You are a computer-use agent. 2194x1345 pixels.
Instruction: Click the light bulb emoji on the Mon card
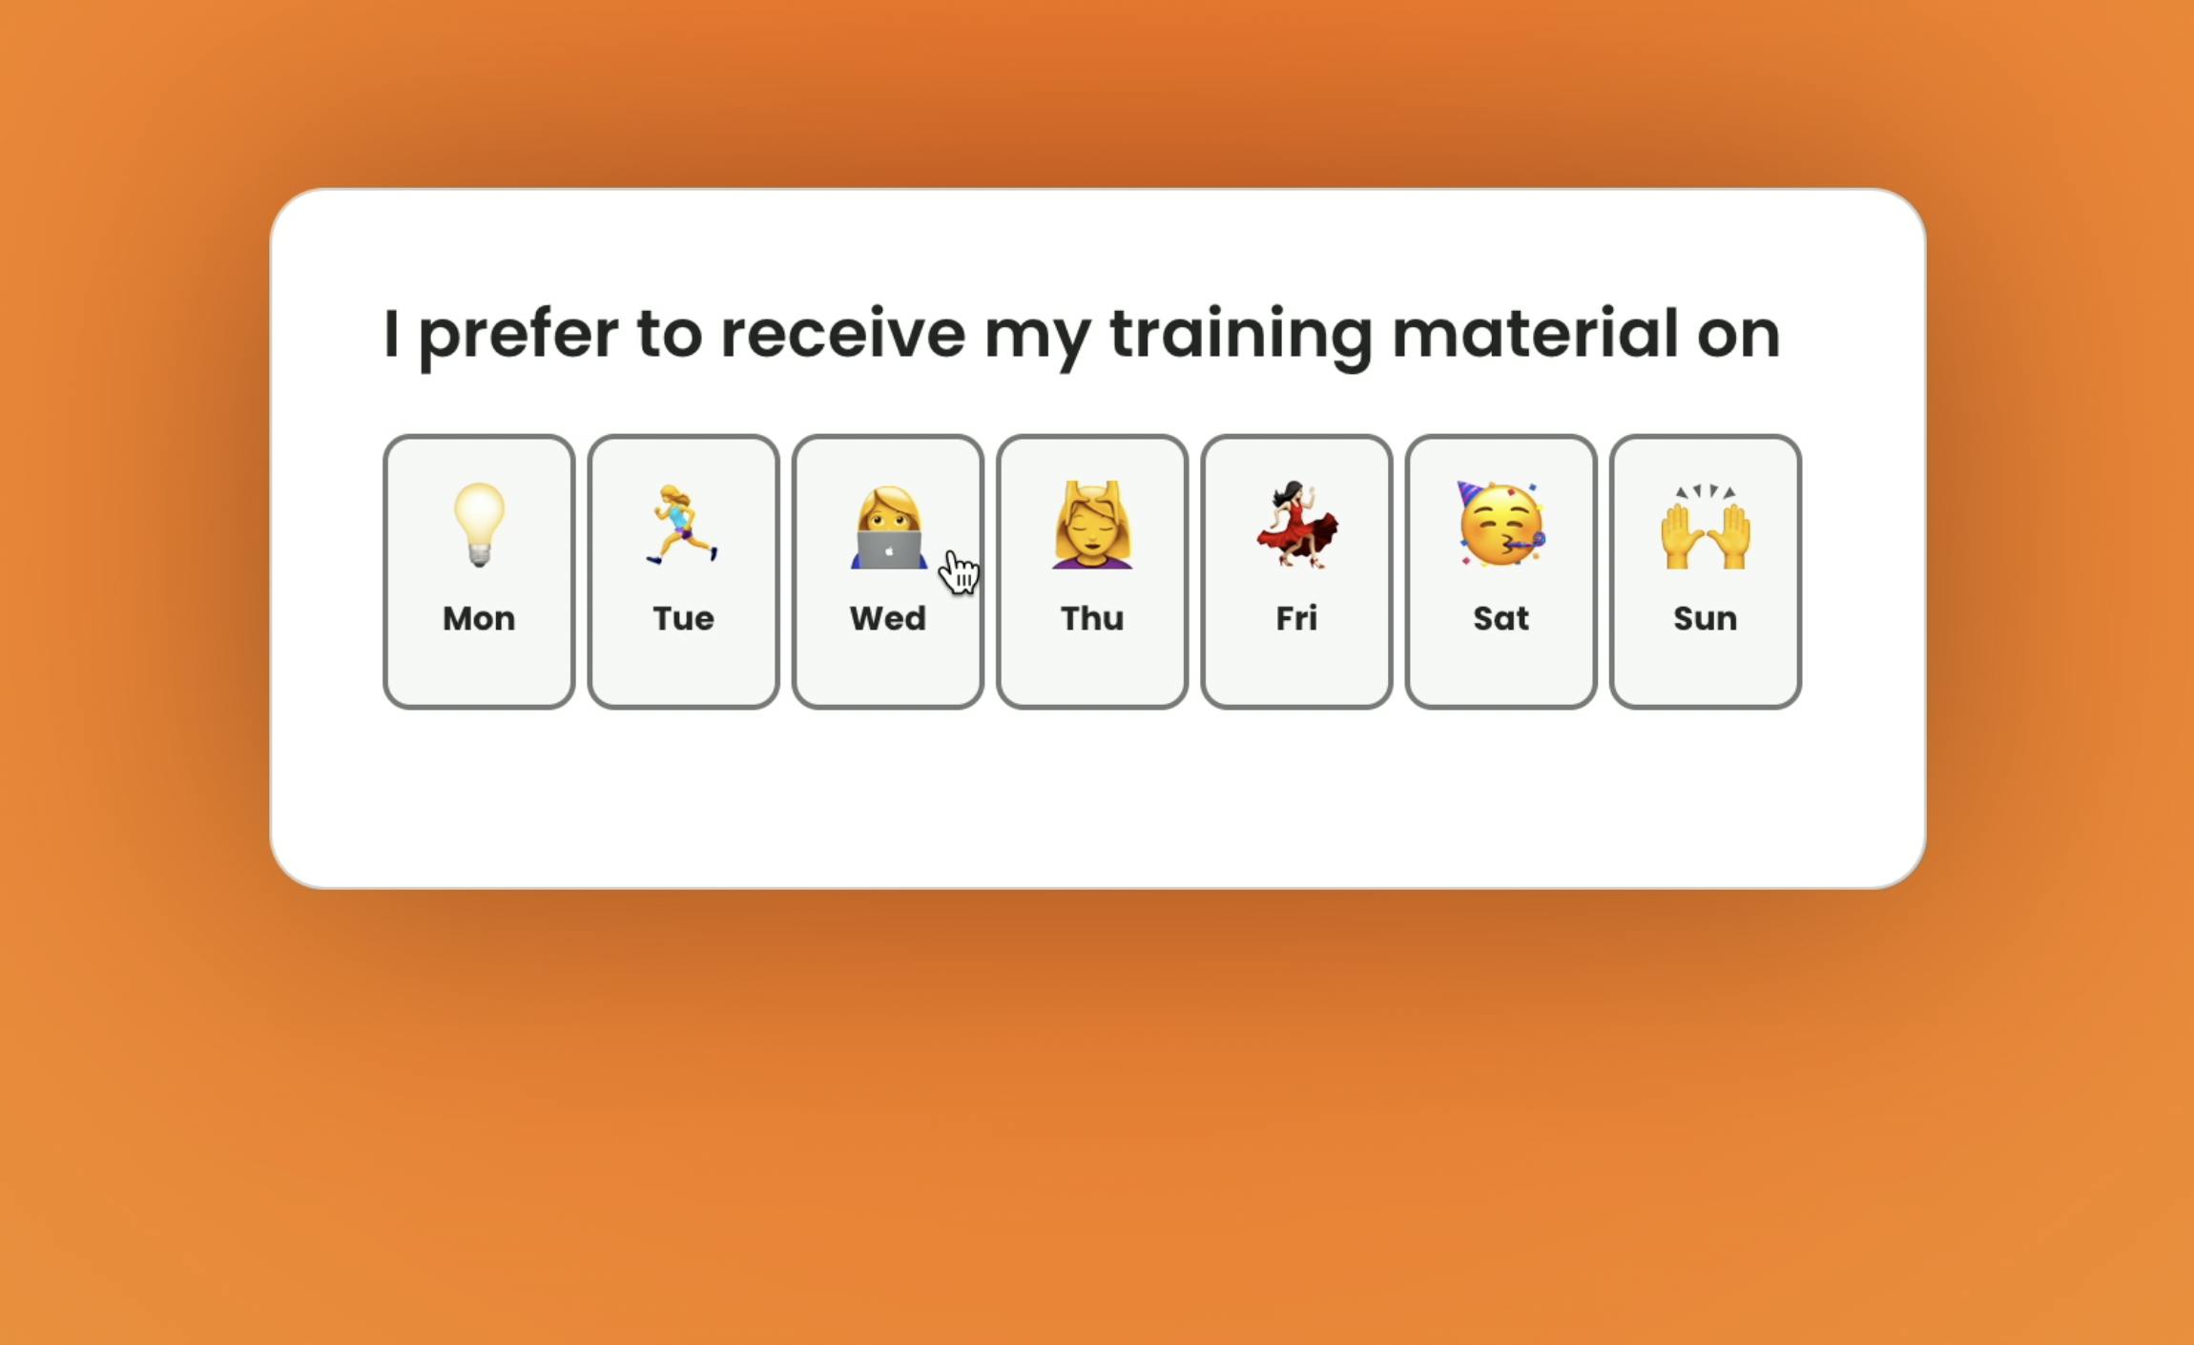[x=479, y=525]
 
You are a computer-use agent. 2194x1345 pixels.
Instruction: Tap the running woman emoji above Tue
[x=682, y=525]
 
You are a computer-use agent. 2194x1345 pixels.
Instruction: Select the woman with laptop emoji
[x=888, y=527]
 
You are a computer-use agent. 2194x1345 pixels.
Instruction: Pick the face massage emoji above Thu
[x=1092, y=525]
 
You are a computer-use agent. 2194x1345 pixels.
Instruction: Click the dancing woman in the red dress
[x=1297, y=525]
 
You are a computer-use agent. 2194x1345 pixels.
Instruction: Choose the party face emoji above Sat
[x=1501, y=524]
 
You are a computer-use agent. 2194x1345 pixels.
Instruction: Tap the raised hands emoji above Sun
[x=1706, y=527]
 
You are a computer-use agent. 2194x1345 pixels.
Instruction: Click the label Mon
[x=479, y=618]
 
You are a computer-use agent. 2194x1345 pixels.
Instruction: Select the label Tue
[x=683, y=618]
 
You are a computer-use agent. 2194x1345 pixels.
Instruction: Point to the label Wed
[x=888, y=618]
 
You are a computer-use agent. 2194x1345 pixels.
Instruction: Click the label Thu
[x=1092, y=618]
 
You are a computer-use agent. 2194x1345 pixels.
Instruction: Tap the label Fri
[x=1297, y=618]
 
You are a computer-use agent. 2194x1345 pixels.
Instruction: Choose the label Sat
[x=1501, y=618]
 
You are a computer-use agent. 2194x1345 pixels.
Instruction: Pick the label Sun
[x=1706, y=618]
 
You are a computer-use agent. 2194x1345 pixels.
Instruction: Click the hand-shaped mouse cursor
[x=959, y=571]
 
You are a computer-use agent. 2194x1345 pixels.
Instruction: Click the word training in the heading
[x=1241, y=337]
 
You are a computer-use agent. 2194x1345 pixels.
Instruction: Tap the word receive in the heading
[x=842, y=333]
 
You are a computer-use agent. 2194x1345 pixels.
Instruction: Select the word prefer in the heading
[x=519, y=337]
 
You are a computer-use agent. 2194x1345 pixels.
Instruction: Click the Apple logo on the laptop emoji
[x=889, y=550]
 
